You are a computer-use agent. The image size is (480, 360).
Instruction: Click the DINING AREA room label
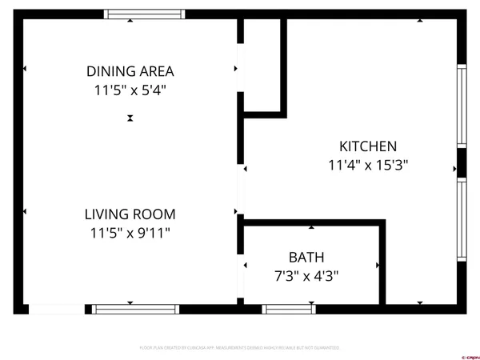pos(130,71)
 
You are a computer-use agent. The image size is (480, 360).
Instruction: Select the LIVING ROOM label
pos(130,214)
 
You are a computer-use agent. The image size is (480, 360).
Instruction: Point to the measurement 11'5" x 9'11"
pos(130,233)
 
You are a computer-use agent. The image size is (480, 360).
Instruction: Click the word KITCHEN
pos(368,146)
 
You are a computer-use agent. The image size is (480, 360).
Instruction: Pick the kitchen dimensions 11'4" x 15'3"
pos(368,166)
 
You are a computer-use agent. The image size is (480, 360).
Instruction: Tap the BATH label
pos(306,258)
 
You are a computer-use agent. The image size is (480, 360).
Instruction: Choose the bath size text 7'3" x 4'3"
pos(306,276)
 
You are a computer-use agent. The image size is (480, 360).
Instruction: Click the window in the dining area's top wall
pos(145,14)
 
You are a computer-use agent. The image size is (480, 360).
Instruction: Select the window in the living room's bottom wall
pos(135,309)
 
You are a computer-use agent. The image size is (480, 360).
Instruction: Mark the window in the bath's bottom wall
pos(288,309)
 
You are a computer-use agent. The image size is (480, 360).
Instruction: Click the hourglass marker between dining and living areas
pos(130,118)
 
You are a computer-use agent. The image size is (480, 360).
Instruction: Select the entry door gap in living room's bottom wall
pos(56,309)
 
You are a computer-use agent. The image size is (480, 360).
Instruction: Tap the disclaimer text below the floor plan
pos(239,348)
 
